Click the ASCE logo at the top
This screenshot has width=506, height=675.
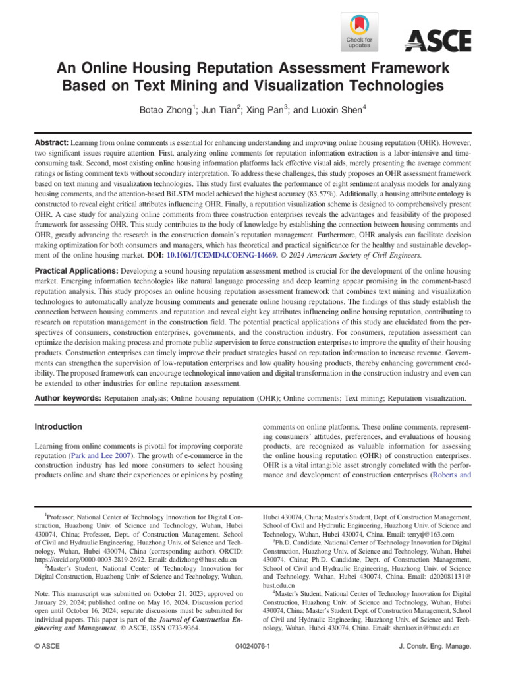[x=437, y=42]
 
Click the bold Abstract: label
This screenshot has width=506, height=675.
[x=51, y=142]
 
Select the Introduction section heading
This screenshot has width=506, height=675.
[x=59, y=426]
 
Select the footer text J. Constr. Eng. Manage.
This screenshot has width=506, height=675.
[x=436, y=647]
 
